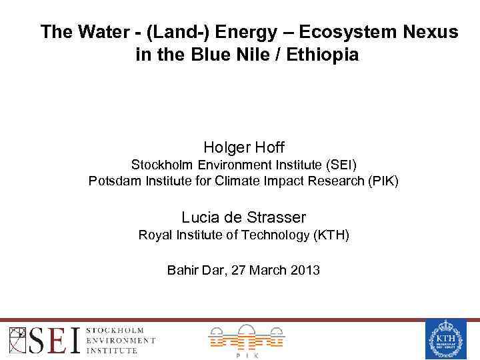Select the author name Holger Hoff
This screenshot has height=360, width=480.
(243, 147)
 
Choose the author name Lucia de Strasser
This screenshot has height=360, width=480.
(243, 217)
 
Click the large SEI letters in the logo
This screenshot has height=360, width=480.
(56, 339)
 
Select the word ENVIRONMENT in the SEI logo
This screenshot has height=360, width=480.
(121, 340)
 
